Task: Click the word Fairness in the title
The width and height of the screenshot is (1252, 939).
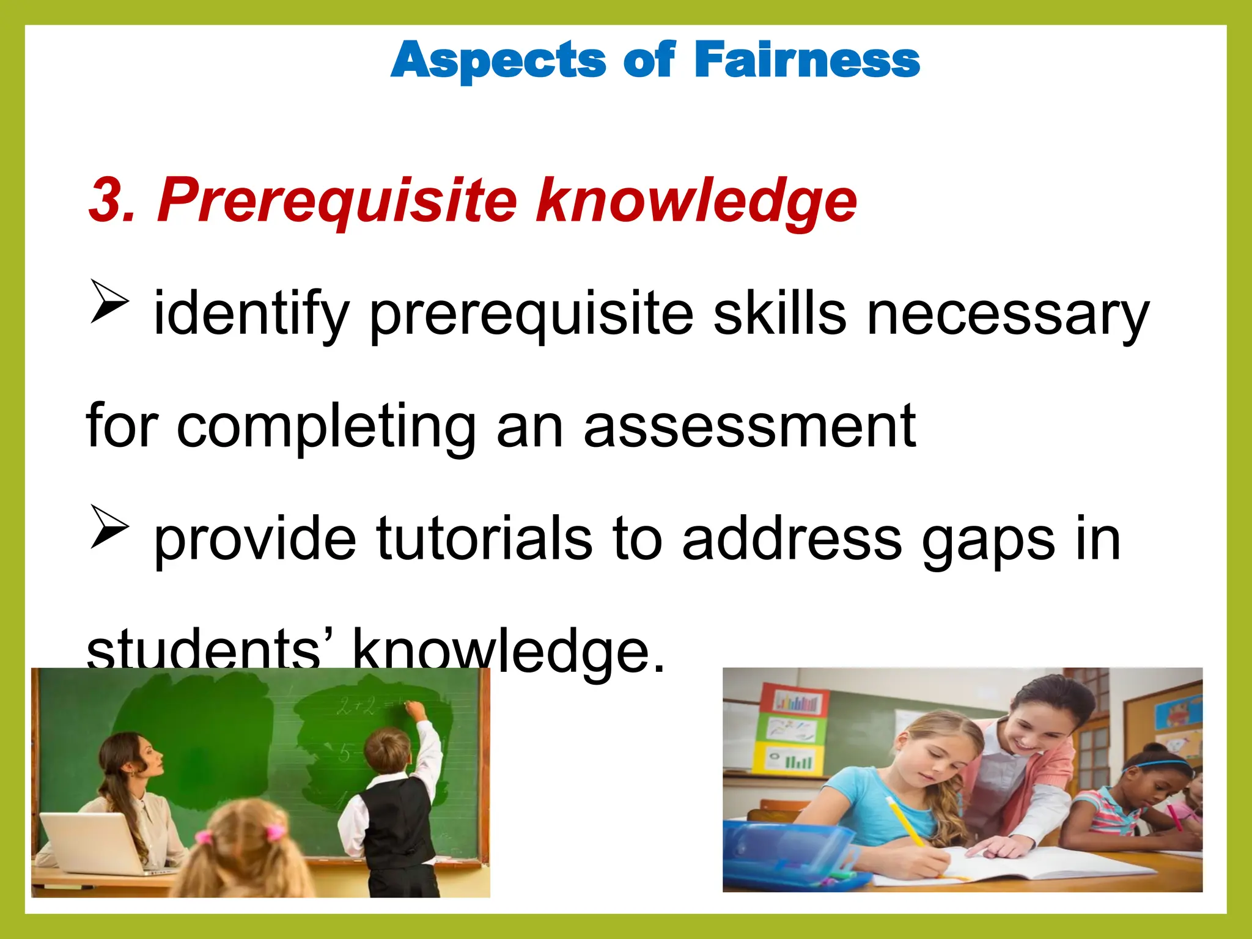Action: pos(807,60)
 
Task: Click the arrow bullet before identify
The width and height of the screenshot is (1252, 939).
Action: pos(109,301)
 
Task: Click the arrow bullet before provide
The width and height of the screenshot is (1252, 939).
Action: pos(109,526)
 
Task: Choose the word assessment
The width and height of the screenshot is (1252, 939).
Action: pos(749,426)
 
